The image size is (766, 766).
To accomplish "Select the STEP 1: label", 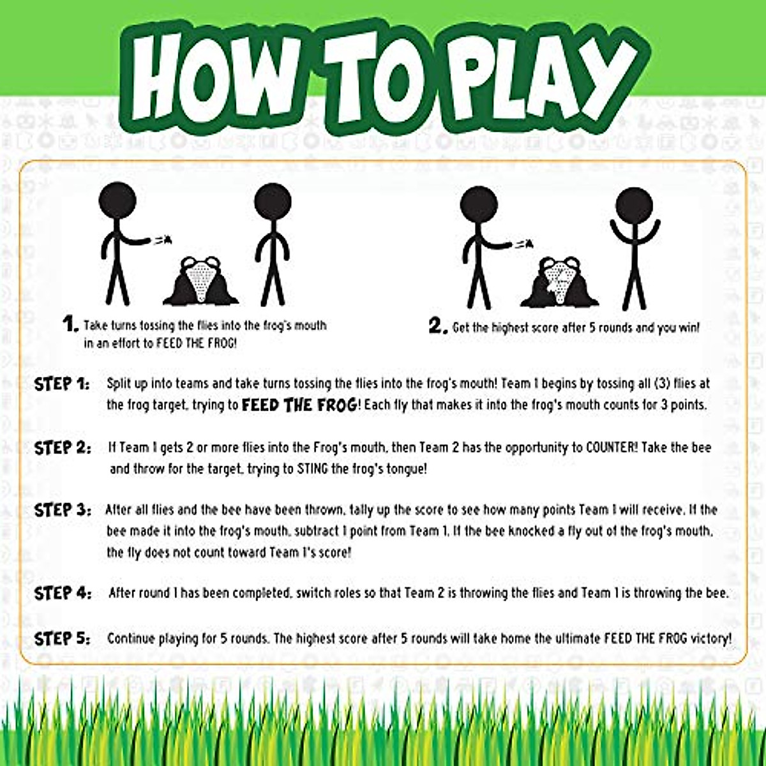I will pos(62,384).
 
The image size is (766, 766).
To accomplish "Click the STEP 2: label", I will pos(63,447).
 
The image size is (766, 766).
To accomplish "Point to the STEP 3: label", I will pos(63,510).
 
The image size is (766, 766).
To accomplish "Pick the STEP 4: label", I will pos(63,593).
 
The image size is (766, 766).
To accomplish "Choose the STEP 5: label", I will pos(63,638).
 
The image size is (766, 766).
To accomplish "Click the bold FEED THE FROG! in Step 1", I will pos(300,405).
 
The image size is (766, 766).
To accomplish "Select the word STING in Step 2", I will pos(313,469).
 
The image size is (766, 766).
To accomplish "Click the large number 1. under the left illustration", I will pos(70,324).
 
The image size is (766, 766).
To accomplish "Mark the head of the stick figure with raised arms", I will pos(634,206).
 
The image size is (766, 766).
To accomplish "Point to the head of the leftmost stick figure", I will pos(117,201).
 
